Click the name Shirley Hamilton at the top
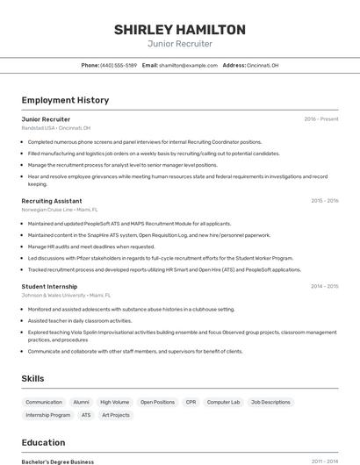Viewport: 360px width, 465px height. (179, 30)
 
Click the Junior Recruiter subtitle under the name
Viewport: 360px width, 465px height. (179, 44)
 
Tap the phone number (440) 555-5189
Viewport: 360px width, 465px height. (118, 66)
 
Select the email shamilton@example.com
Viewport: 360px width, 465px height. (188, 66)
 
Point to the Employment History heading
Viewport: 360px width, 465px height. (65, 100)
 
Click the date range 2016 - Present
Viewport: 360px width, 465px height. (321, 119)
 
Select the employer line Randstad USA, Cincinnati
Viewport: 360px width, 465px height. (56, 128)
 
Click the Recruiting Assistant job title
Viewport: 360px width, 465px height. (52, 201)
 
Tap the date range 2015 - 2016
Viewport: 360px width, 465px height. (324, 201)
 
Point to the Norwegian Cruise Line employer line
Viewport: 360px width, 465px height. (60, 210)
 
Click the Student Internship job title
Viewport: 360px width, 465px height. (49, 286)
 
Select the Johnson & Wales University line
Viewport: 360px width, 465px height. (66, 296)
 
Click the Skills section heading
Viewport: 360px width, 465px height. (33, 378)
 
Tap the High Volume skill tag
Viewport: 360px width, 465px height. (114, 402)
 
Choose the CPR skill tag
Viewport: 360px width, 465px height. (191, 402)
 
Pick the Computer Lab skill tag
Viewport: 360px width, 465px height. (223, 402)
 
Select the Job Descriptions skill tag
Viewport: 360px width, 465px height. (270, 402)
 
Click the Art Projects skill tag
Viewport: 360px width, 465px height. (115, 415)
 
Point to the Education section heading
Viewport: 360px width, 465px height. (44, 442)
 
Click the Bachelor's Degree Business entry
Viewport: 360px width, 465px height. (58, 461)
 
